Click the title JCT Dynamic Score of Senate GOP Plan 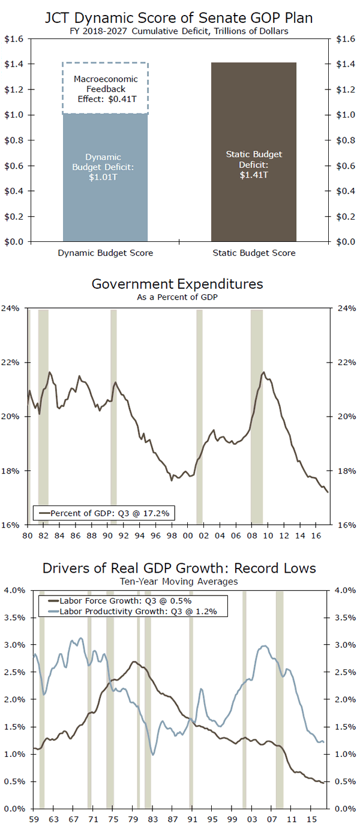[x=179, y=18]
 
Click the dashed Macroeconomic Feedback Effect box [x=106, y=88]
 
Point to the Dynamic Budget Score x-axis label [x=106, y=253]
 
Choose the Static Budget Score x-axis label [x=254, y=253]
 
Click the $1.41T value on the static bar [x=254, y=175]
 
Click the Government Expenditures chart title [x=177, y=283]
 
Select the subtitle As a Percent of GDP [x=177, y=297]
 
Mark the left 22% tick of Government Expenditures [x=14, y=363]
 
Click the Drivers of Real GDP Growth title [x=179, y=568]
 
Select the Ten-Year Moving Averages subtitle [x=178, y=581]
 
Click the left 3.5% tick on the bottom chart [x=14, y=618]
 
